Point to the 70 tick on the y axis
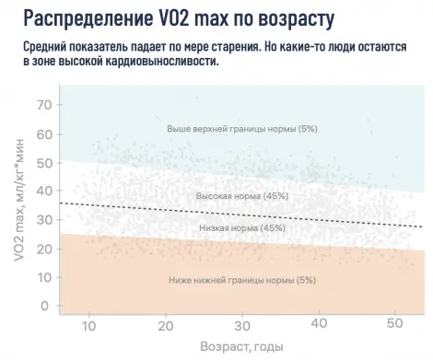coord(43,105)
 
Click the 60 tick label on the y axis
coord(43,134)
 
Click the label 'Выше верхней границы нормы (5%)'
coord(241,128)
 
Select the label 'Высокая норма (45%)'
coord(242,196)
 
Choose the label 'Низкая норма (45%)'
coord(242,227)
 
